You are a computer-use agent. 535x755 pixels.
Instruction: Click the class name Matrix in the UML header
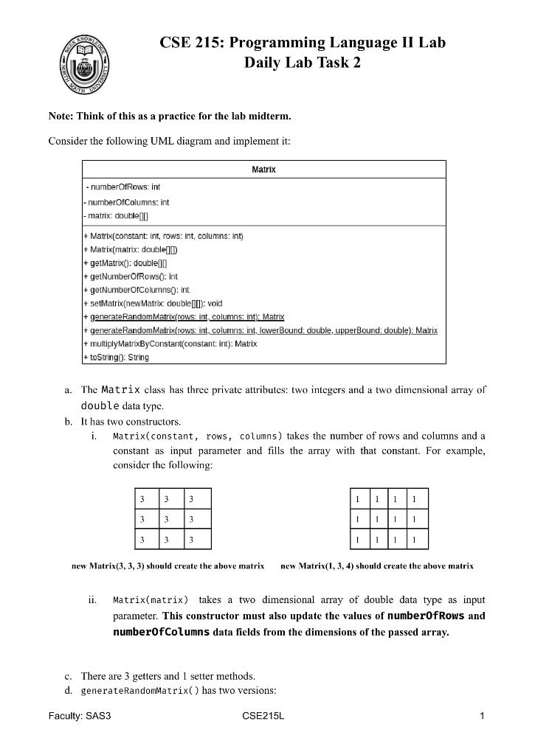pyautogui.click(x=263, y=170)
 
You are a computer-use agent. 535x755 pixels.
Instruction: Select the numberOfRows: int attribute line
pyautogui.click(x=124, y=187)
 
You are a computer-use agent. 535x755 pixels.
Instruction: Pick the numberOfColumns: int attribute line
pyautogui.click(x=126, y=202)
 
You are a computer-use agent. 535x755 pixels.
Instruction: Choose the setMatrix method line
pyautogui.click(x=152, y=303)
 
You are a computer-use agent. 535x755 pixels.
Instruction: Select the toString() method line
pyautogui.click(x=116, y=358)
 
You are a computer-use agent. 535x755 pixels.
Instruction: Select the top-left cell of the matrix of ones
pyautogui.click(x=358, y=499)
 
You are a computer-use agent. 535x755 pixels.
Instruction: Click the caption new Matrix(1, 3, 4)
pyautogui.click(x=377, y=566)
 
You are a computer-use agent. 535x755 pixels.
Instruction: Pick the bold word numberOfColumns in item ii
pyautogui.click(x=161, y=633)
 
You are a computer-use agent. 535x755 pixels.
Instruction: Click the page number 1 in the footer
pyautogui.click(x=481, y=716)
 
